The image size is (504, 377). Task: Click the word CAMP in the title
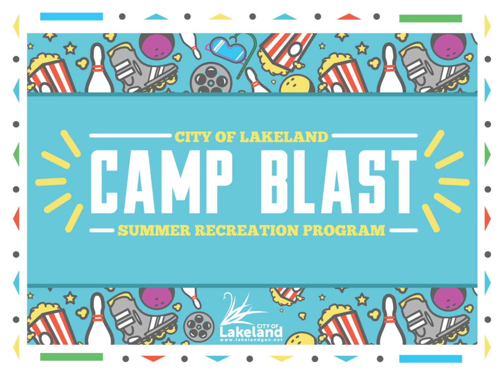coord(162,182)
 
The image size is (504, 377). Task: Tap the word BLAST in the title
coord(339,182)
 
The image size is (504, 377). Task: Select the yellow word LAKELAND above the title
coord(284,137)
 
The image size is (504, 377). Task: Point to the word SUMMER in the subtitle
coord(154,231)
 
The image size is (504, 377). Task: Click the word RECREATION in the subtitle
coord(247,231)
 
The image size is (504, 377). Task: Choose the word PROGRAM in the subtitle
coord(344,231)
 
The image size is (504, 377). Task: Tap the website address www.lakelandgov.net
coord(251,340)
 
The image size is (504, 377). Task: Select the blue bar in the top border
coord(71,17)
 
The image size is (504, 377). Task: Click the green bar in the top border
coord(431,19)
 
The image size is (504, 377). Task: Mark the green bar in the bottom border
coord(71,357)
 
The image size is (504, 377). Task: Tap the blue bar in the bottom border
coord(431,359)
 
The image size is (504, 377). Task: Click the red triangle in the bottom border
coord(153,358)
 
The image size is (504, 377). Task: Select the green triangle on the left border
coord(17,154)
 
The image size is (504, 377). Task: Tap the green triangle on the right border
coord(487,154)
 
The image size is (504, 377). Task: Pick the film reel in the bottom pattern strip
coord(199,327)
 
